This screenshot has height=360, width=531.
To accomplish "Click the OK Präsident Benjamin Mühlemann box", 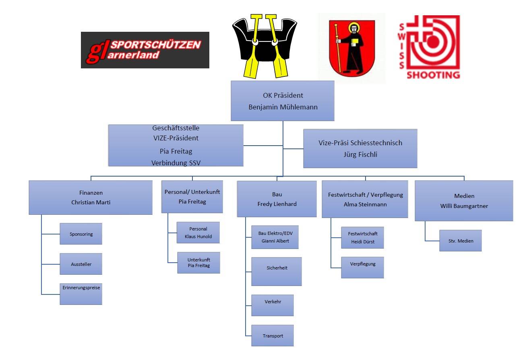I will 282,101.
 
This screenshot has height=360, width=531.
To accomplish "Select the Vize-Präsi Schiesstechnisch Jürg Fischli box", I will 360,148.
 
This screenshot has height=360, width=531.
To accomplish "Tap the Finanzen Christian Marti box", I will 91,197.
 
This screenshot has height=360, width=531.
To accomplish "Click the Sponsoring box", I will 81,234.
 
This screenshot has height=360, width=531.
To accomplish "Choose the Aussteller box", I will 81,264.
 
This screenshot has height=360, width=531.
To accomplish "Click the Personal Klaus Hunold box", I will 198,232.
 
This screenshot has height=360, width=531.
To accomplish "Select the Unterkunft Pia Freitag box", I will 198,263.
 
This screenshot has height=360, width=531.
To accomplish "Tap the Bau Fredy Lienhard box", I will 277,199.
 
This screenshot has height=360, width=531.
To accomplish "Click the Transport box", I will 273,335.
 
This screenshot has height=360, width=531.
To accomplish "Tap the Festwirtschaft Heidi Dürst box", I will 362,237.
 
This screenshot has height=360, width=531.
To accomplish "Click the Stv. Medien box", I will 460,241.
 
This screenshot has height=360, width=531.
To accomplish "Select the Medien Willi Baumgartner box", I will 464,200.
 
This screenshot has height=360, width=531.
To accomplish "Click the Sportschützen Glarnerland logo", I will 145,50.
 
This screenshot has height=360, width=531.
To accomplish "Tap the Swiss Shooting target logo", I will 430,47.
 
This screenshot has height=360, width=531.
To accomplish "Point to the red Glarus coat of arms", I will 352,48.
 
